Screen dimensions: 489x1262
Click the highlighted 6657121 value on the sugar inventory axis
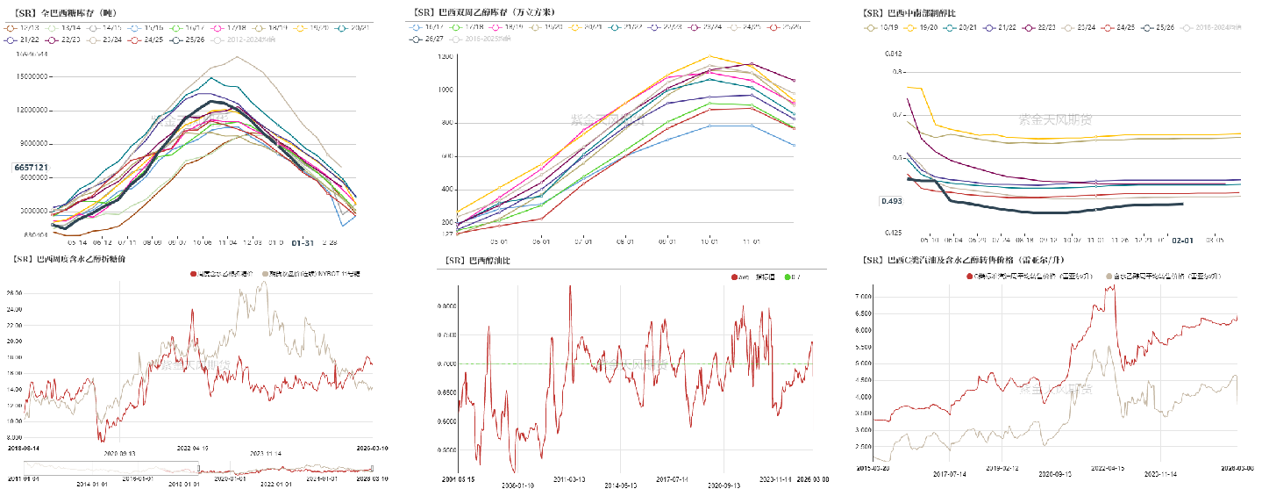coord(31,167)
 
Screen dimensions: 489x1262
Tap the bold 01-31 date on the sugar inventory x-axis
coord(303,242)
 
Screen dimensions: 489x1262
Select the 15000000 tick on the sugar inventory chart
coord(31,77)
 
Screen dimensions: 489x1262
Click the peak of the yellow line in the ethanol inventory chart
coord(709,56)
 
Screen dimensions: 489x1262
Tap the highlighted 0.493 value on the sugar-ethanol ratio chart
coord(892,201)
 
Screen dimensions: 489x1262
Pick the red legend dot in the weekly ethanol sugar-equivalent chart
coord(194,275)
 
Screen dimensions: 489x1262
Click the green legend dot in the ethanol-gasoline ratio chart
coord(786,277)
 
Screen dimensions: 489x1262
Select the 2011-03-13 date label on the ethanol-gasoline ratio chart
coord(570,480)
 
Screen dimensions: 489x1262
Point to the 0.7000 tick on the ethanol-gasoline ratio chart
coord(447,363)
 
